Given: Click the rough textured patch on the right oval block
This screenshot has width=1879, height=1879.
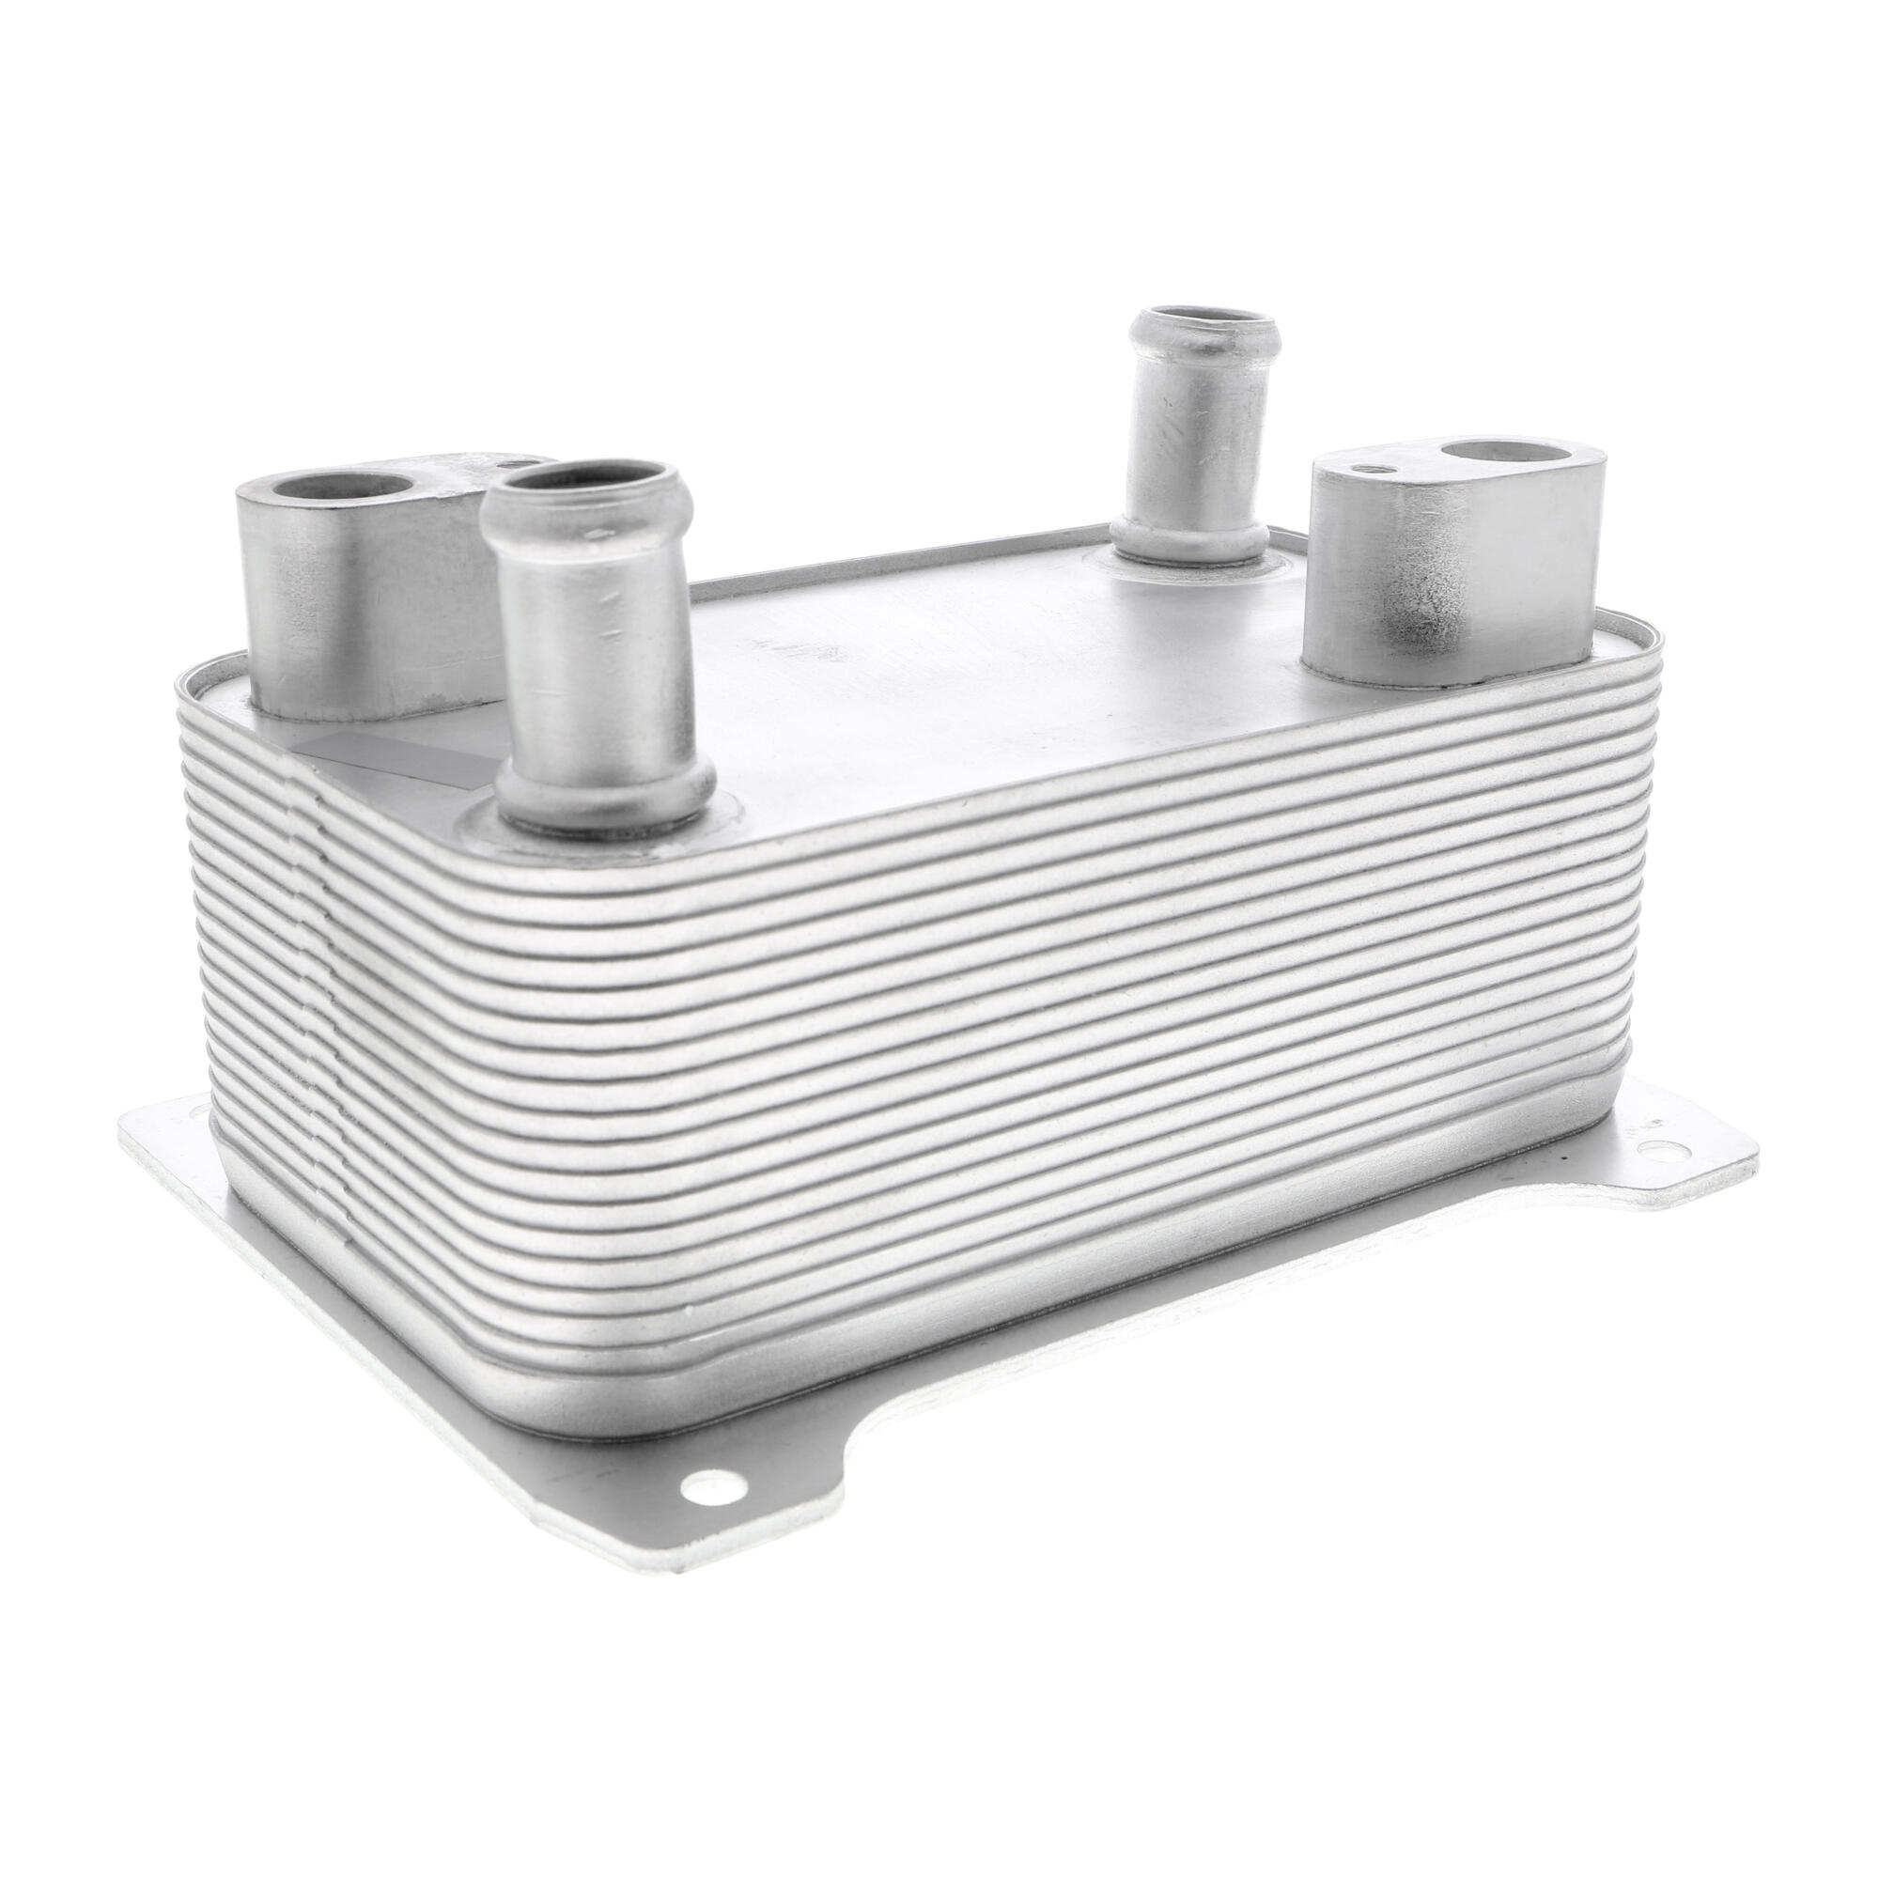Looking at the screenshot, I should (1430, 598).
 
